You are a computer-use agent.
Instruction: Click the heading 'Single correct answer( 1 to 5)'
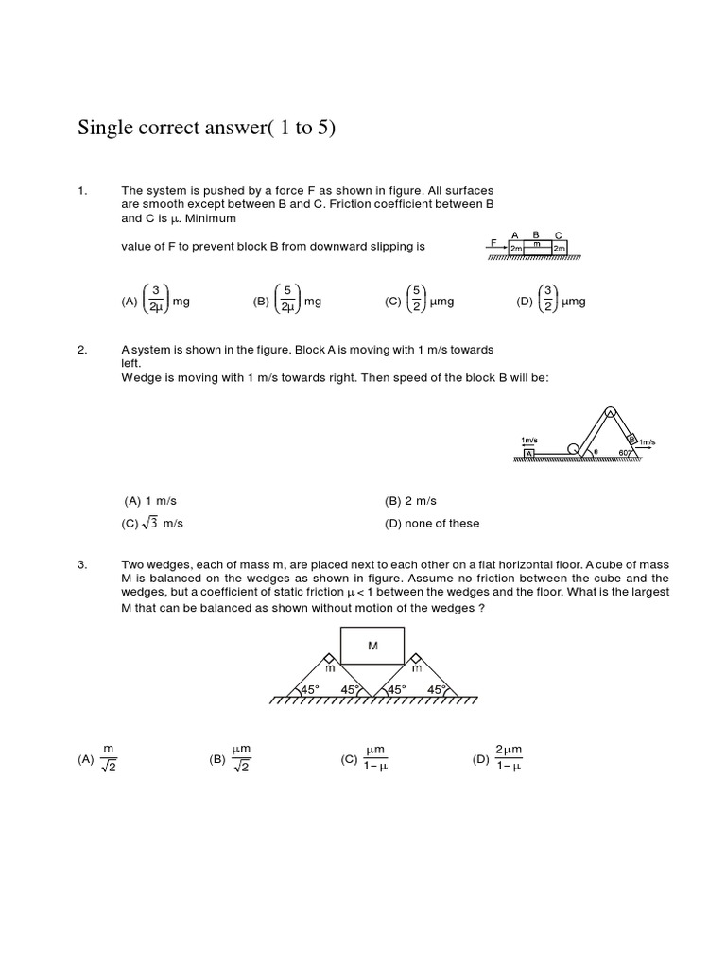click(x=206, y=128)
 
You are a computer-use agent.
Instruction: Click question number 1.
click(x=81, y=191)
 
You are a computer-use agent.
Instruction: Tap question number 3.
click(x=81, y=564)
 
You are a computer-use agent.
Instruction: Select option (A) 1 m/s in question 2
click(x=146, y=501)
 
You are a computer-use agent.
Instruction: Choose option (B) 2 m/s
click(x=410, y=501)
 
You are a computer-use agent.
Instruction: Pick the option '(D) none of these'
click(x=432, y=523)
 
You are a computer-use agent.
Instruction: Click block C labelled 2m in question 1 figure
click(x=559, y=248)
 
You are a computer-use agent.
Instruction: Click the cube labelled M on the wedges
click(x=372, y=646)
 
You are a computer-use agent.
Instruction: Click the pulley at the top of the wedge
click(x=611, y=412)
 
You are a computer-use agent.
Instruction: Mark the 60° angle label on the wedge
click(x=624, y=453)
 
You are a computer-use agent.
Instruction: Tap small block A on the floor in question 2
click(x=530, y=454)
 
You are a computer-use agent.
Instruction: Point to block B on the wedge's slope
click(x=631, y=440)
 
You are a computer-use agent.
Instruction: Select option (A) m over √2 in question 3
click(x=100, y=758)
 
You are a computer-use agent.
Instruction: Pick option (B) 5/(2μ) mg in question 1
click(x=287, y=302)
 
